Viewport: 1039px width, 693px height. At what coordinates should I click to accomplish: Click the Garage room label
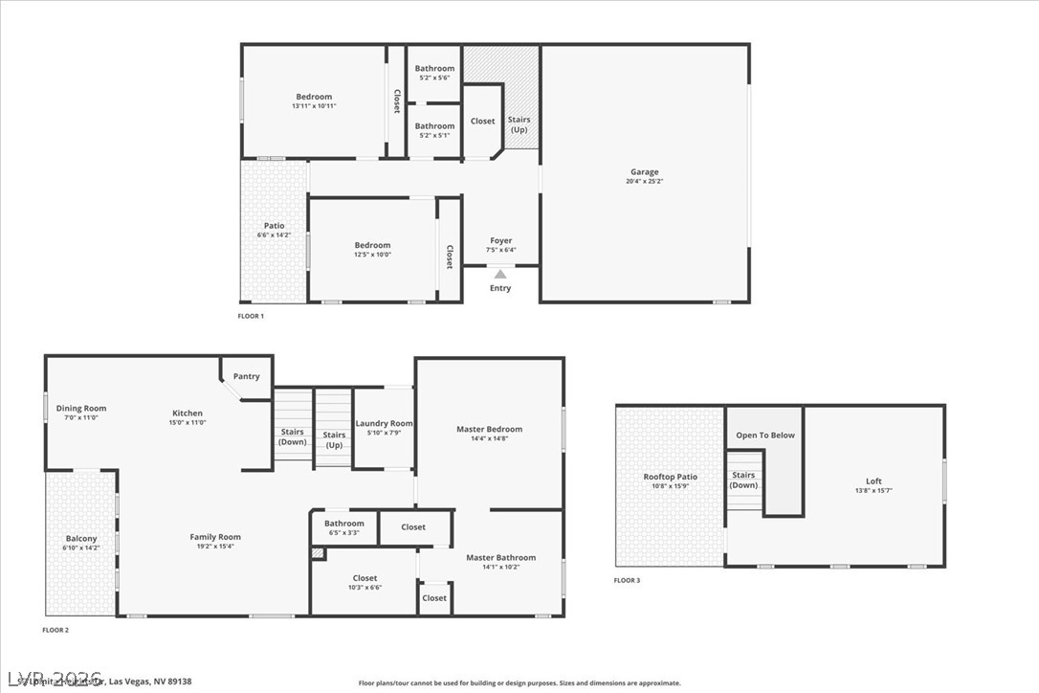tap(644, 172)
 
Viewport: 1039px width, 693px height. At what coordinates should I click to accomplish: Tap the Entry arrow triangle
tap(500, 275)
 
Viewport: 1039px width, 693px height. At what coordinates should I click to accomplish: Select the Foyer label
tap(500, 241)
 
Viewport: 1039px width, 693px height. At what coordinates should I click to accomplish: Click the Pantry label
tap(246, 376)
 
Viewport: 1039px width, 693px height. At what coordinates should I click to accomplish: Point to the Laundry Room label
tap(384, 423)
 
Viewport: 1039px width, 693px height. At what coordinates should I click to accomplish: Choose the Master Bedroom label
tap(489, 429)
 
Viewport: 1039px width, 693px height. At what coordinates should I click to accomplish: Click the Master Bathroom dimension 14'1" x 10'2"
tap(500, 567)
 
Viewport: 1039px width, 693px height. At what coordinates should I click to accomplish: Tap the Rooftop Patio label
tap(670, 477)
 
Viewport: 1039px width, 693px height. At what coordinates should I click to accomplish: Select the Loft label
tap(873, 481)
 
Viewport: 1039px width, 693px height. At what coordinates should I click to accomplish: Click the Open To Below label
tap(764, 436)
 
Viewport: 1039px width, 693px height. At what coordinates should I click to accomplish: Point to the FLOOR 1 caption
tap(251, 316)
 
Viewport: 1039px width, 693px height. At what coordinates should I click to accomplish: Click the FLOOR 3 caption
tap(627, 580)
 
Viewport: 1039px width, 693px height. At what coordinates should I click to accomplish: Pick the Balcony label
tap(81, 539)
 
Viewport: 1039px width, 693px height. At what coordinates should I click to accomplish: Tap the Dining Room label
tap(80, 409)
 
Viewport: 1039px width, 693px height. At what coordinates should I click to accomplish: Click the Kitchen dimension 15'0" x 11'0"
tap(188, 422)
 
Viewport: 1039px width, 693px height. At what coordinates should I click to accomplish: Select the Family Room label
tap(215, 537)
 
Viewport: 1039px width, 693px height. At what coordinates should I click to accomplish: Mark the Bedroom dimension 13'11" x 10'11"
tap(314, 106)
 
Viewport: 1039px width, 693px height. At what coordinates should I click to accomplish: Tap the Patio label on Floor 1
tap(274, 226)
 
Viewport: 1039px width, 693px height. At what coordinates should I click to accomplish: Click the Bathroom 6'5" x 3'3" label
tap(343, 524)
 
